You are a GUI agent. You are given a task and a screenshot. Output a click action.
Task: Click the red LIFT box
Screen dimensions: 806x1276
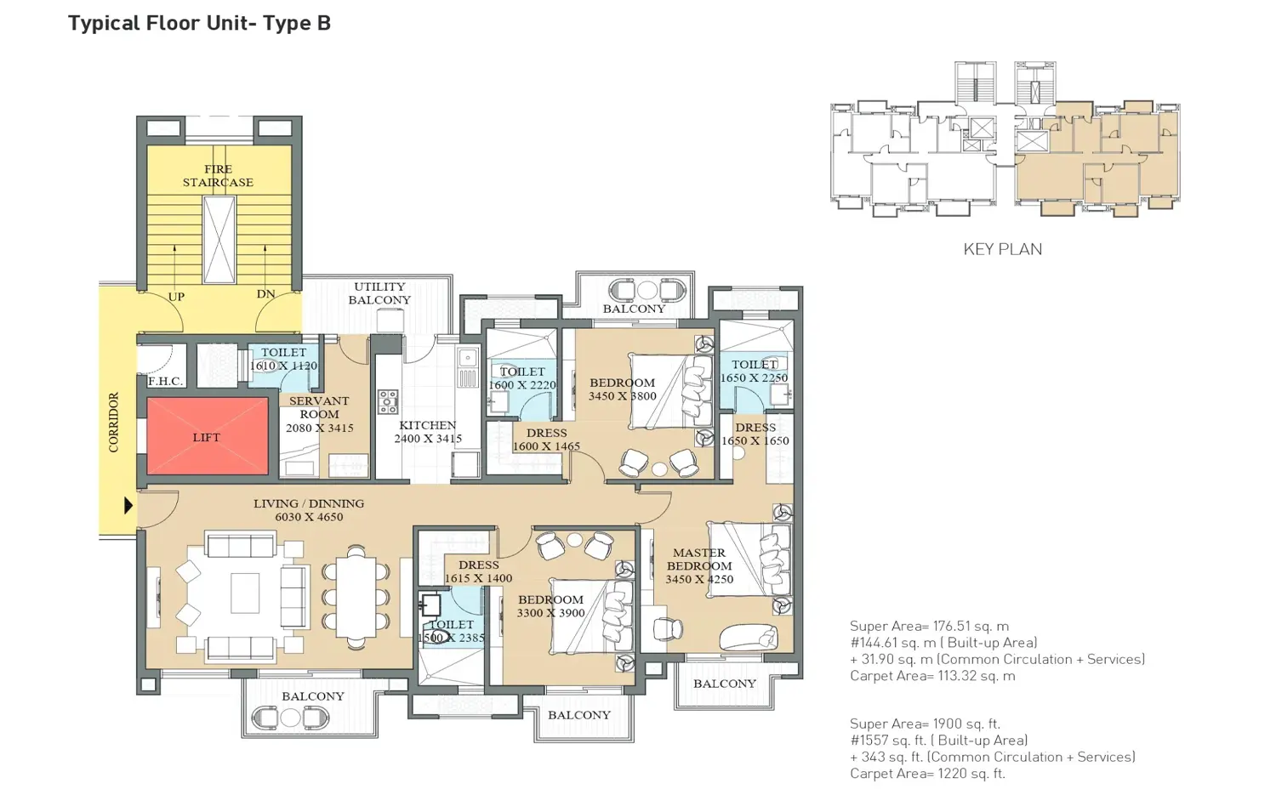point(207,437)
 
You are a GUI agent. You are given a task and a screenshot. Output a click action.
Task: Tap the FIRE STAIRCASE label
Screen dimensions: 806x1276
point(218,176)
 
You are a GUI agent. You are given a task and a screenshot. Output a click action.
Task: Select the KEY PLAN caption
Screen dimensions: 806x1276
point(1002,249)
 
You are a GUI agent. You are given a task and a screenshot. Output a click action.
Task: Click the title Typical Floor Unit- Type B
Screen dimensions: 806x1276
point(199,23)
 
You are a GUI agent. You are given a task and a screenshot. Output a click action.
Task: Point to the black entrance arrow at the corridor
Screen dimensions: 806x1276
point(128,505)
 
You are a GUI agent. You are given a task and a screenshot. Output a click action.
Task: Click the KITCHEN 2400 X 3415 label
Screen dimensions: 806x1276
point(427,432)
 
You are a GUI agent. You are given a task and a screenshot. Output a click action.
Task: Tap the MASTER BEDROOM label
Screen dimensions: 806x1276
point(698,565)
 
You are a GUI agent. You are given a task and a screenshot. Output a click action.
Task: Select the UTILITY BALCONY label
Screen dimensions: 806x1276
point(379,293)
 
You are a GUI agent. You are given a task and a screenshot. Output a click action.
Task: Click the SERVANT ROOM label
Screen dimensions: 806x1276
point(319,407)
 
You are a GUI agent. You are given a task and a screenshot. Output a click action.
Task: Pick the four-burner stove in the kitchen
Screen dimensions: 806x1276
point(388,401)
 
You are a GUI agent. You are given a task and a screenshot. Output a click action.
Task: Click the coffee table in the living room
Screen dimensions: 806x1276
point(244,593)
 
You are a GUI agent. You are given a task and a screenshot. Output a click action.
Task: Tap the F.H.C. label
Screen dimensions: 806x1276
point(165,381)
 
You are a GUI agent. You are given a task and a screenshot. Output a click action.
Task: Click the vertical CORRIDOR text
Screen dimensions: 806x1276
point(114,423)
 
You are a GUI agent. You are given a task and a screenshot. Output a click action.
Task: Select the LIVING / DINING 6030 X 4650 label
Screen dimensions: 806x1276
point(309,510)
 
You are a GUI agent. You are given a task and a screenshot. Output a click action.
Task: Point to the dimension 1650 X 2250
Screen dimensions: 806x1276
point(754,378)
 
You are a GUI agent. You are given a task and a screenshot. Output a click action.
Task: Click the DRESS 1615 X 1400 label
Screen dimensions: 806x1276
point(478,571)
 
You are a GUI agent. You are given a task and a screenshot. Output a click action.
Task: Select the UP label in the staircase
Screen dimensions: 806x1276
point(176,297)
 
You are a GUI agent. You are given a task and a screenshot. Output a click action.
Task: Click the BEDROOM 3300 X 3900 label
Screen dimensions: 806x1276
point(550,606)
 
